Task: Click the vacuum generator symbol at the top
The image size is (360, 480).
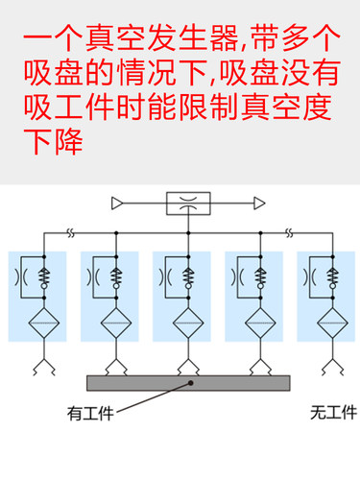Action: point(188,204)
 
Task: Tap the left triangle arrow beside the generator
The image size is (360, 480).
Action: point(117,203)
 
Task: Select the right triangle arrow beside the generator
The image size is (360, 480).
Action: point(259,203)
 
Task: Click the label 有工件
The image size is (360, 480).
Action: point(90,414)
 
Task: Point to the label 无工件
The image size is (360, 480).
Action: point(333,414)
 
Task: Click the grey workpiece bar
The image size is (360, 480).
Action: point(188,383)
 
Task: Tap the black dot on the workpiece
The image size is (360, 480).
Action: point(192,383)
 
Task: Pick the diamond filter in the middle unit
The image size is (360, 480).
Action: point(188,324)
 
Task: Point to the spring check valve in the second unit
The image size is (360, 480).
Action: point(117,277)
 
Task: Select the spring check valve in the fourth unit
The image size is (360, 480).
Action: point(261,277)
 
